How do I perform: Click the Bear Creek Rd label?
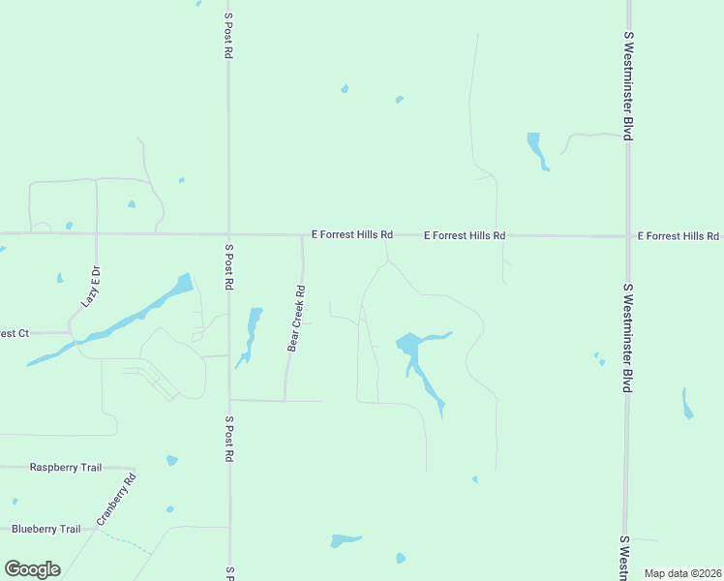pos(296,318)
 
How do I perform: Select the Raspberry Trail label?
pos(66,468)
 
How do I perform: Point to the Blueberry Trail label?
pos(46,530)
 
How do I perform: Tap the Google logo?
pos(32,568)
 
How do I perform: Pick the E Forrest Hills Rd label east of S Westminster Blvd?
pos(678,236)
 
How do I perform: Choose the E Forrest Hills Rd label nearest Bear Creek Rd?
pos(352,235)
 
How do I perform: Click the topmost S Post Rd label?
pos(228,36)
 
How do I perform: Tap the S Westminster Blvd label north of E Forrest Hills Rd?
pos(628,85)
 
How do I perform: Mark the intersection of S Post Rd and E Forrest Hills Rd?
pos(228,234)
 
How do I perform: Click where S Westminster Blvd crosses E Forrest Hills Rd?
pos(628,235)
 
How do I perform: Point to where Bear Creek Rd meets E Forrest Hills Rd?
pos(302,235)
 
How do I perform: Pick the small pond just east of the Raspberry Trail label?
pos(172,460)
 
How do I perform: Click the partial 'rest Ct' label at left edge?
pos(15,333)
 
